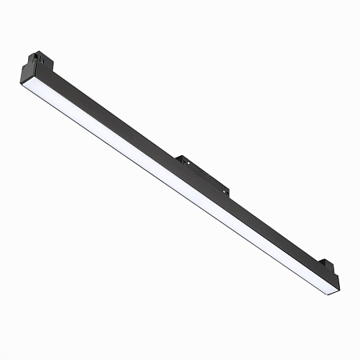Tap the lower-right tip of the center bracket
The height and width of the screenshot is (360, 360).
(229, 192)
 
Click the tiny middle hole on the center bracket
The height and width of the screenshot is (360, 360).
(202, 176)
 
